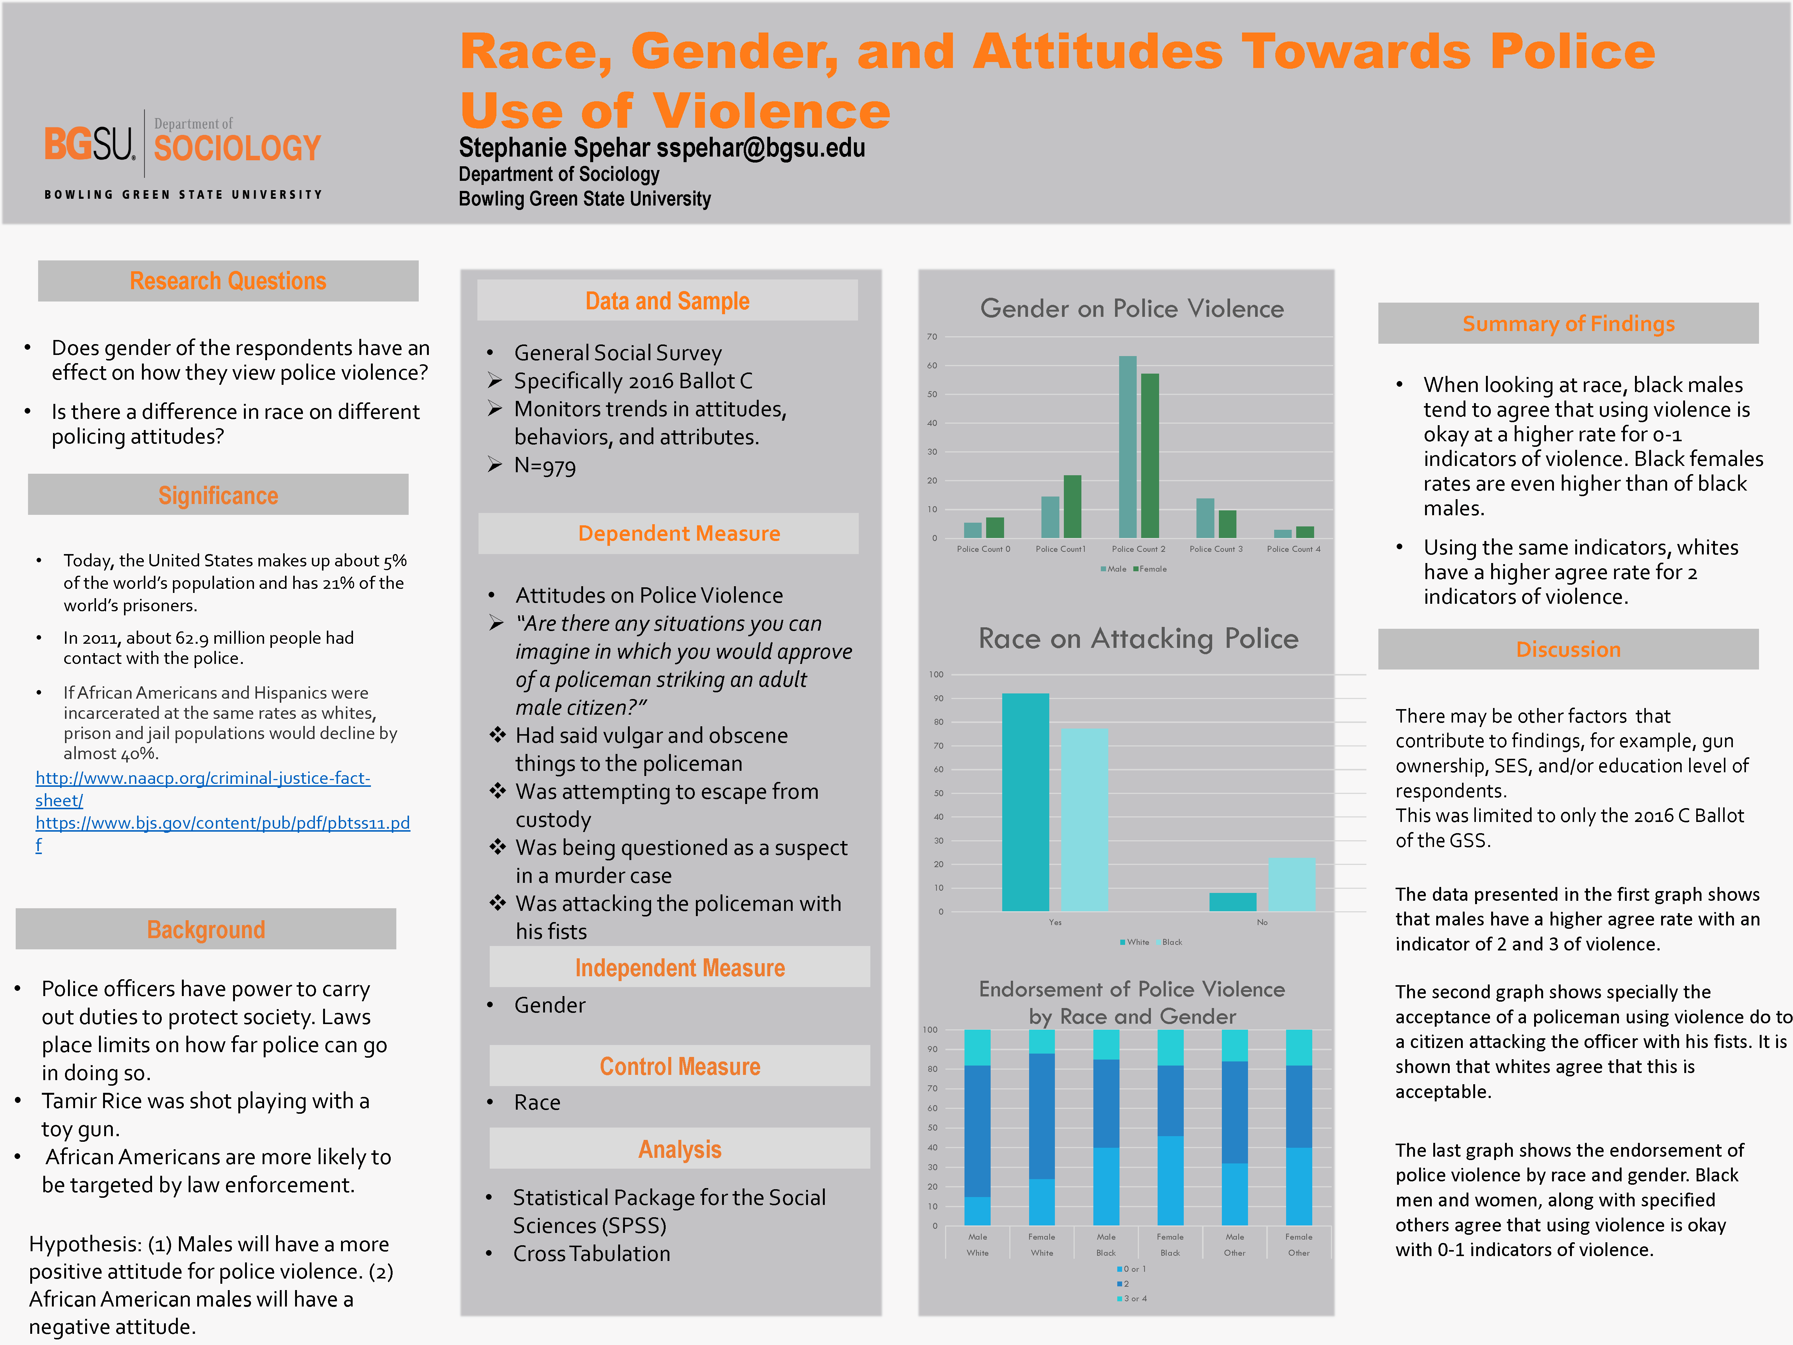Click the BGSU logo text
[x=89, y=144]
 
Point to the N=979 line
[x=545, y=466]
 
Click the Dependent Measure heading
[x=678, y=534]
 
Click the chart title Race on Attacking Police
[x=1138, y=639]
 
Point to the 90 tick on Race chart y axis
[x=938, y=698]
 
